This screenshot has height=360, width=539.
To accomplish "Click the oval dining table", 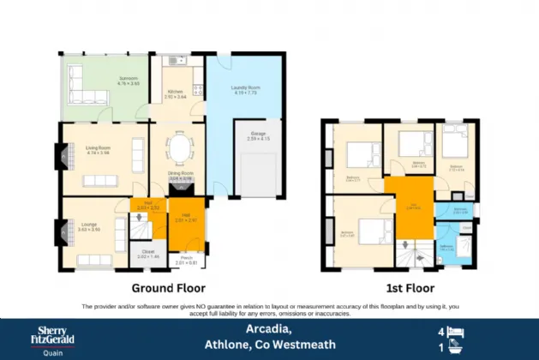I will [180, 150].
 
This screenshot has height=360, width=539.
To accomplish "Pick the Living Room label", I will [98, 149].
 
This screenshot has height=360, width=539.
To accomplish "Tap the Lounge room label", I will [90, 227].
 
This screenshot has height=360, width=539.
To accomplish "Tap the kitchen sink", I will [177, 61].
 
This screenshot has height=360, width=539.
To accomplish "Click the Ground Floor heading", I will [168, 288].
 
